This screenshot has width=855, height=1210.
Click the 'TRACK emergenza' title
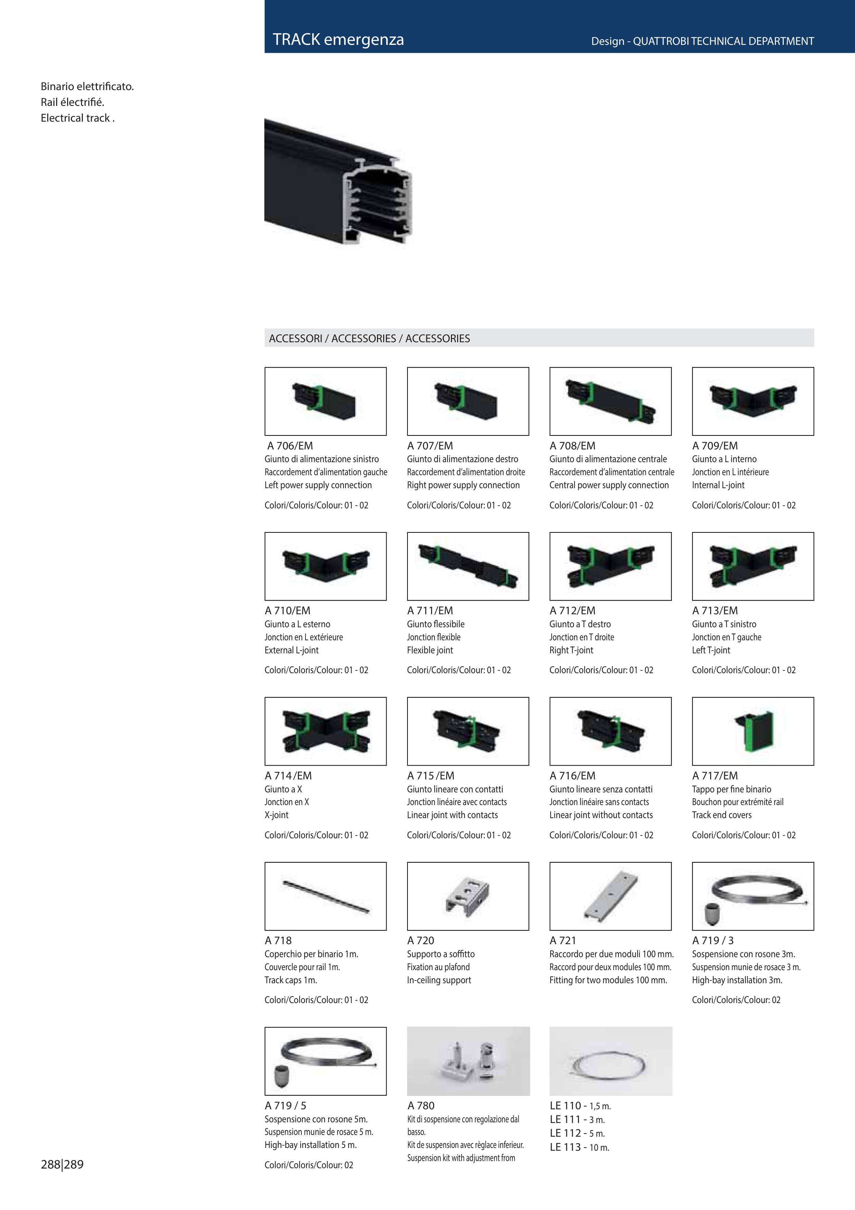(338, 39)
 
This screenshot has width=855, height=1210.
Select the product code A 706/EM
(290, 446)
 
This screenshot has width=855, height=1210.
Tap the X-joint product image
(326, 731)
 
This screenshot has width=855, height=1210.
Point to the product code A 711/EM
(430, 611)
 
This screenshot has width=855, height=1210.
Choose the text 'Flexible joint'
(430, 650)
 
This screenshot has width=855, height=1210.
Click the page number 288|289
(62, 1165)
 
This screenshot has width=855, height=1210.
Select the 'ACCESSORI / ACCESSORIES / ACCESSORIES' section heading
(369, 338)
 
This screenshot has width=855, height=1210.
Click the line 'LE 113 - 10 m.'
(579, 1147)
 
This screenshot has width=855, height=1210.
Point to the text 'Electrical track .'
(77, 118)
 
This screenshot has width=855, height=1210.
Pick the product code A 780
(421, 1106)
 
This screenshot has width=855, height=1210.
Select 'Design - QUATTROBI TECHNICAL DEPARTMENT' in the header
(702, 41)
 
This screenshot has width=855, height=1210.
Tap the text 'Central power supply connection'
(609, 485)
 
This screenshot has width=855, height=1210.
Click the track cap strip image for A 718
(326, 897)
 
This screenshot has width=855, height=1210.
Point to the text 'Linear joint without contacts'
(601, 815)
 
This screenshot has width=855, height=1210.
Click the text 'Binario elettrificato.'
(87, 86)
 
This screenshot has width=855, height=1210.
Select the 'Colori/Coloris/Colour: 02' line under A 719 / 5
(309, 1165)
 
